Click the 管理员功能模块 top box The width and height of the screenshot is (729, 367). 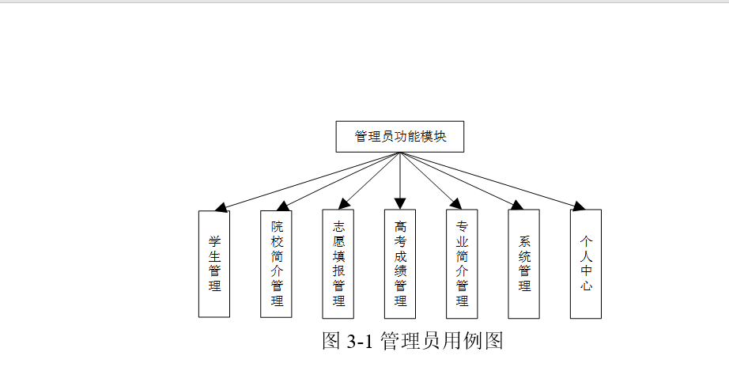(x=399, y=136)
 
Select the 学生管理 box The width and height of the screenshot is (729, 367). (x=214, y=263)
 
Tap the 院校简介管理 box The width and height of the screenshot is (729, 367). (x=276, y=263)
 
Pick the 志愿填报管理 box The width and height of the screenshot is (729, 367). (x=338, y=263)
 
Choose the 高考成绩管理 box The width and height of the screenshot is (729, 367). (x=400, y=263)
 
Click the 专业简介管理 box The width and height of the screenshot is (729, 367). (x=462, y=263)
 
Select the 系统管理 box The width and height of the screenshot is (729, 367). (x=523, y=263)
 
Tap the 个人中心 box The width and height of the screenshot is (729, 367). (x=586, y=263)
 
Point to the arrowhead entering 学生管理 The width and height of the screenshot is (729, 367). (x=222, y=207)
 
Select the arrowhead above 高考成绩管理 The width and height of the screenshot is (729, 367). (x=400, y=203)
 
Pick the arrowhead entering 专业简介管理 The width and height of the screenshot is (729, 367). (x=455, y=204)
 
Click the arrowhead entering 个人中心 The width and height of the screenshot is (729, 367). (x=578, y=206)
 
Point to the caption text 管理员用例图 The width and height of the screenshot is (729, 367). (x=442, y=341)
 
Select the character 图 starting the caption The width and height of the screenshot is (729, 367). (x=331, y=341)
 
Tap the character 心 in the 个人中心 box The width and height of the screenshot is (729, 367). (x=586, y=286)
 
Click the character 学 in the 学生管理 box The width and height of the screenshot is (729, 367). (x=214, y=240)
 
